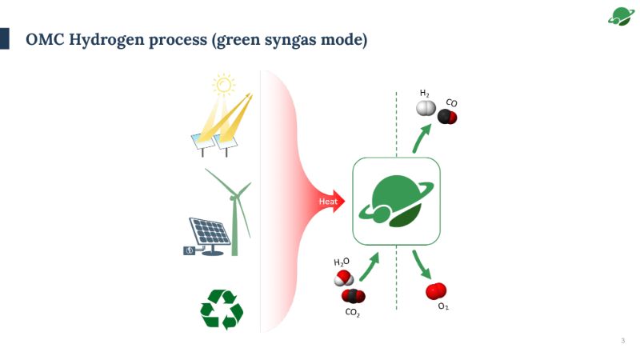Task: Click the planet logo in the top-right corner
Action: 619,16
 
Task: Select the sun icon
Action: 222,83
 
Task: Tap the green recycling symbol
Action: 222,310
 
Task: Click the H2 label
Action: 425,94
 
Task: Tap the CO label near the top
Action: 451,103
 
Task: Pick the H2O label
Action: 342,262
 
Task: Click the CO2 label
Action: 353,313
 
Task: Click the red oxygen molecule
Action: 436,291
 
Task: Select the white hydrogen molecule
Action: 426,109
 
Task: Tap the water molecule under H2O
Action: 343,278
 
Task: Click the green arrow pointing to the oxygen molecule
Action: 420,263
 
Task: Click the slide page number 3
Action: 622,342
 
